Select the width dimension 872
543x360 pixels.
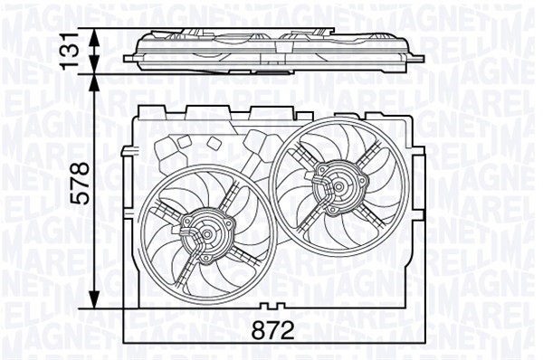point(272,331)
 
